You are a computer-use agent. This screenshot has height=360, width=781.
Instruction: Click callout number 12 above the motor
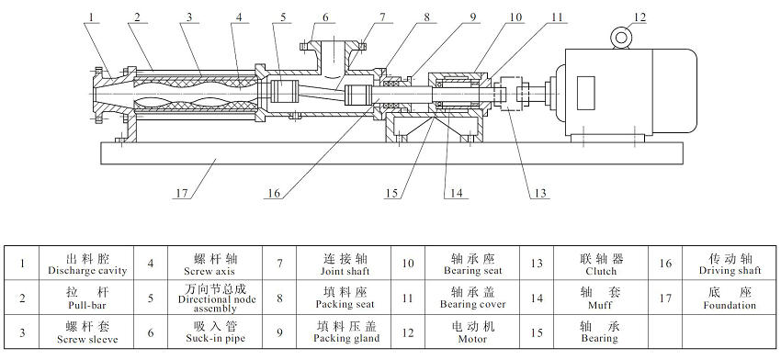pyautogui.click(x=640, y=16)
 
